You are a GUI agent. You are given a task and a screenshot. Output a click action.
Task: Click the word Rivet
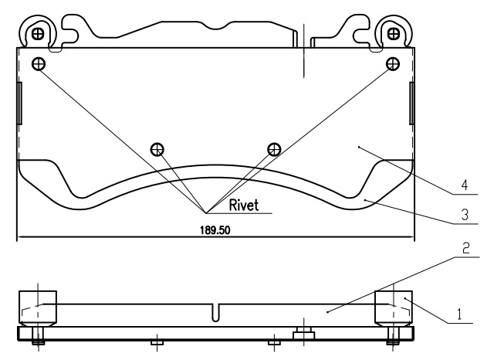[x=244, y=205]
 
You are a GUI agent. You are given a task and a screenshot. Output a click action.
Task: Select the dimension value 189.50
[x=215, y=230]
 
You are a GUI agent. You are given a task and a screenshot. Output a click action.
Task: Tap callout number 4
[x=465, y=185]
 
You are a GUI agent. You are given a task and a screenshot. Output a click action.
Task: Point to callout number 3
[x=465, y=215]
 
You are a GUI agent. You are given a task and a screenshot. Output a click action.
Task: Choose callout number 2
[x=466, y=248]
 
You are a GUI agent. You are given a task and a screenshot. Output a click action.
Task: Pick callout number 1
[x=459, y=314]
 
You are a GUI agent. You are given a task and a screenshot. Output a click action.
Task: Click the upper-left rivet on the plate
[x=39, y=64]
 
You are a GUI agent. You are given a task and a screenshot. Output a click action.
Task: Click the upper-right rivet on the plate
[x=393, y=64]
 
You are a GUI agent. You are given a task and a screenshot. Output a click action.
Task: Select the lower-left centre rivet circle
[x=157, y=149]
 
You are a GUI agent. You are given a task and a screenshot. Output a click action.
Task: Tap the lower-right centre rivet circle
[x=274, y=149]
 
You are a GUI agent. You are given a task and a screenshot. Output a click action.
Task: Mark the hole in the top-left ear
[x=38, y=33]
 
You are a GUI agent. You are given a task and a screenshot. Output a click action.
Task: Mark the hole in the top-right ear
[x=394, y=33]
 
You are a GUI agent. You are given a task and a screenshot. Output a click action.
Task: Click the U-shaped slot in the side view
[x=215, y=313]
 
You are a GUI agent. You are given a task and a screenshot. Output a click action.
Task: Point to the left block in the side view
[x=38, y=308]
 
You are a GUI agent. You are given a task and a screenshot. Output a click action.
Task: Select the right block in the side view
[x=394, y=308]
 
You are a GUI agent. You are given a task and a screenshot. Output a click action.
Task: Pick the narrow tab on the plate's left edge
[x=19, y=103]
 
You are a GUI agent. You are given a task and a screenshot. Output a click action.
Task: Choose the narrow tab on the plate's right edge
[x=411, y=103]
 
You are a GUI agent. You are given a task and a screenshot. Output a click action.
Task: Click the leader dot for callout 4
[x=359, y=147]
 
